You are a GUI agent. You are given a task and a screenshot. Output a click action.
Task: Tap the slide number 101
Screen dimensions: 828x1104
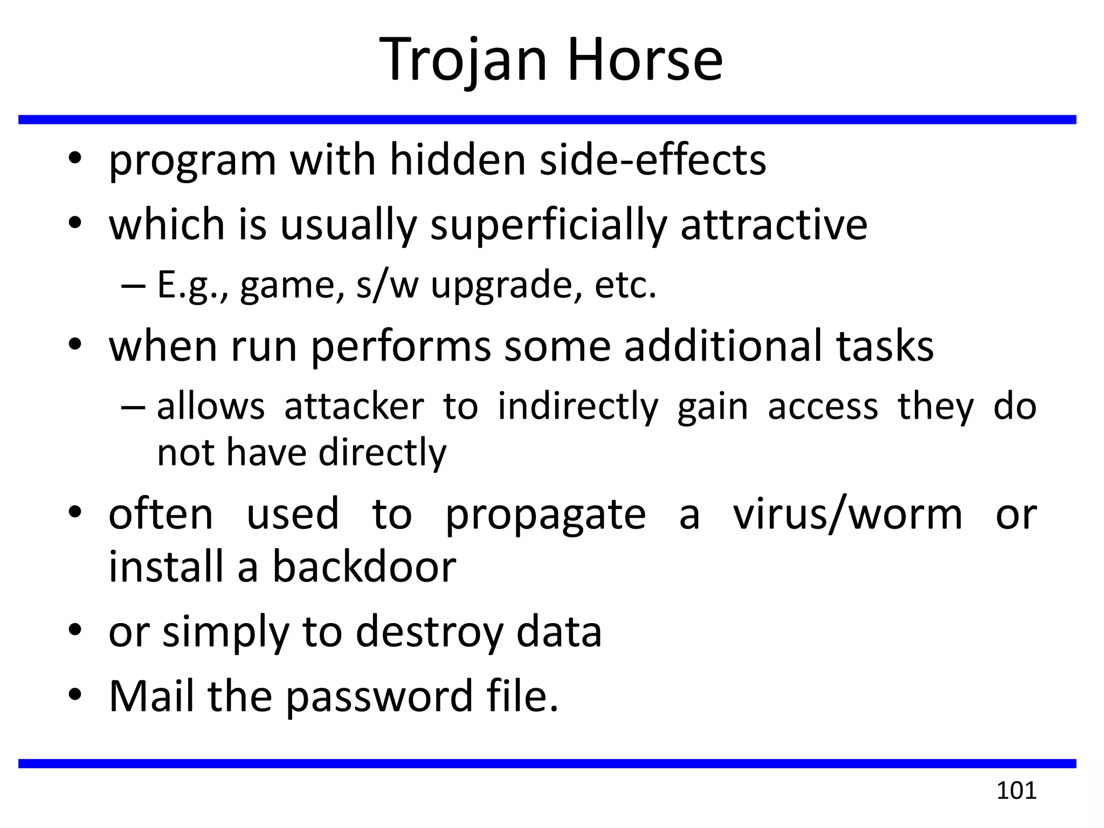point(1016,791)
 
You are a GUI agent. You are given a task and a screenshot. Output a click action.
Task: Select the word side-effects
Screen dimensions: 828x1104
point(652,160)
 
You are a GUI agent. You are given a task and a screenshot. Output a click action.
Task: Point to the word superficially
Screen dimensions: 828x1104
point(548,225)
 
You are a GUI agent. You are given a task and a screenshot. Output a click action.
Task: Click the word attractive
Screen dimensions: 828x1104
point(774,225)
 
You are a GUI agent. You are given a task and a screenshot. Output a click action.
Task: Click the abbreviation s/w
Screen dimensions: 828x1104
point(387,285)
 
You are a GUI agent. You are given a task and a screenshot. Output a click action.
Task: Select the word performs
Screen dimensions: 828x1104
point(401,347)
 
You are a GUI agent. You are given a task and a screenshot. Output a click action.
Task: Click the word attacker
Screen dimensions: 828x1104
point(354,406)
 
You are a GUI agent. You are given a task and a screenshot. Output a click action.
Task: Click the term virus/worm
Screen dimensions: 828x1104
point(847,514)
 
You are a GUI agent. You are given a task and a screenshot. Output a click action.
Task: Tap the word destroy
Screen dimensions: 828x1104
point(429,632)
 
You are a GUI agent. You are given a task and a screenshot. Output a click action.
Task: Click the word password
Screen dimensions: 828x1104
point(379,696)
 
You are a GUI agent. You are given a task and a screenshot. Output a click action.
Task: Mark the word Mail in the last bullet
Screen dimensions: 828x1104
point(151,696)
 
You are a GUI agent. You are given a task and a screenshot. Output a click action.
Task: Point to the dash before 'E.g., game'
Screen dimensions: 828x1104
point(133,286)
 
